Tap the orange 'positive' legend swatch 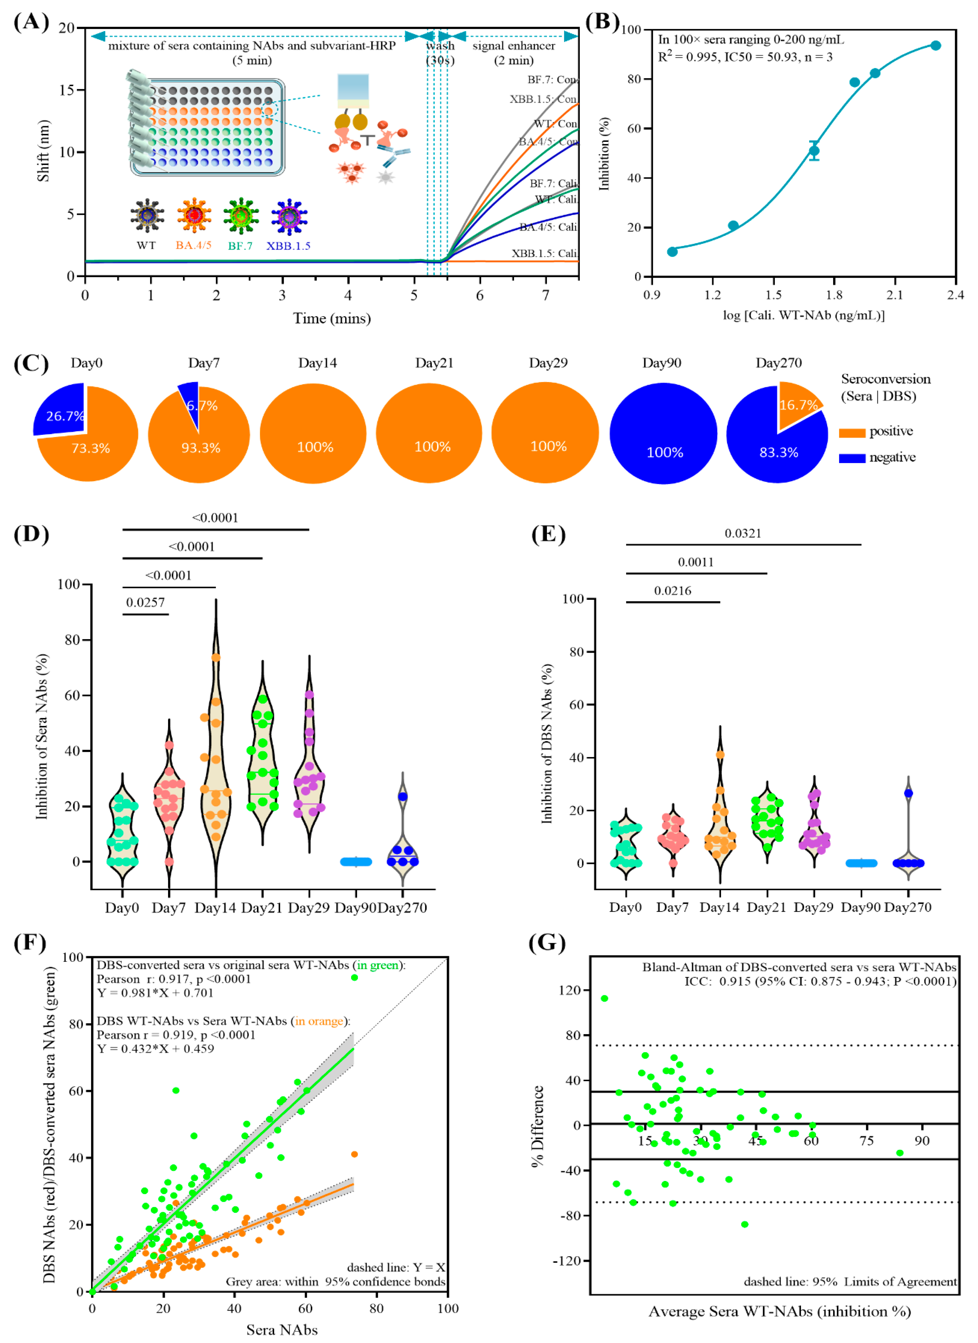click(x=852, y=433)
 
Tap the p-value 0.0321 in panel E click(x=743, y=534)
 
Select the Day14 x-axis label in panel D click(x=216, y=908)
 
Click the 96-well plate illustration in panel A click(x=207, y=127)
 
